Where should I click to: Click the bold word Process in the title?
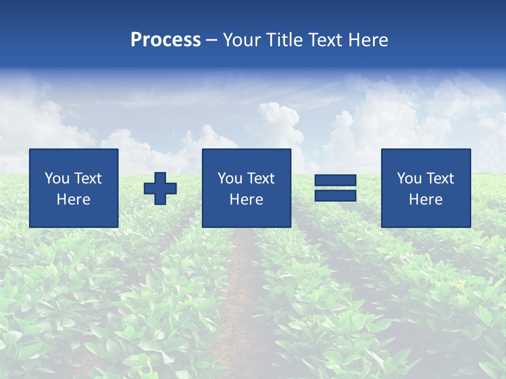click(x=166, y=40)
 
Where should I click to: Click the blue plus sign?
click(x=160, y=188)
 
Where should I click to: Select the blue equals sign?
click(x=335, y=188)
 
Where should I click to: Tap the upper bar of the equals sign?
click(x=335, y=181)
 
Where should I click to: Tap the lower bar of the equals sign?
click(x=335, y=195)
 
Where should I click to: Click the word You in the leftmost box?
click(x=57, y=178)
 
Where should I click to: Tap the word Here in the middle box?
click(x=246, y=200)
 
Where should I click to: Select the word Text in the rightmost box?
click(x=440, y=178)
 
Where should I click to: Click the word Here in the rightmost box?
click(x=425, y=200)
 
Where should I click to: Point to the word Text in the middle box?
click(x=261, y=178)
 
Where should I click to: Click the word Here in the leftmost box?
click(x=73, y=200)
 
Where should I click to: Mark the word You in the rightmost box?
click(x=409, y=178)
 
